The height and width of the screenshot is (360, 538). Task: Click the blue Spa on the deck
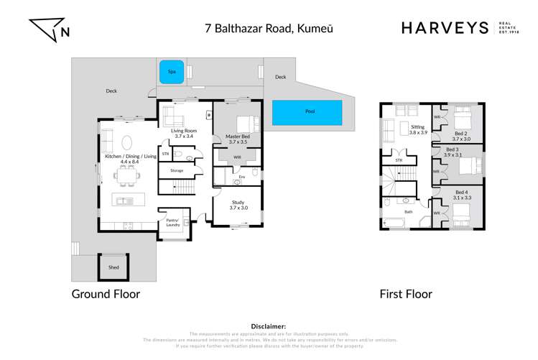coord(171,72)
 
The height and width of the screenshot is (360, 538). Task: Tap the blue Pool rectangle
coord(307,112)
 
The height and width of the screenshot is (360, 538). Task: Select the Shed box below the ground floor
coord(113,267)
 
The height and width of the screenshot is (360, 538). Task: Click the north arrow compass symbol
coord(48,29)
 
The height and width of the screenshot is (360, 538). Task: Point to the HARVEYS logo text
coord(443,28)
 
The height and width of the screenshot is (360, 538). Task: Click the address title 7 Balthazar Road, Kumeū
coord(269,28)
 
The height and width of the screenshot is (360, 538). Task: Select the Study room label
coord(238,204)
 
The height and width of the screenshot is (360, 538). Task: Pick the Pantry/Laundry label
coord(173,223)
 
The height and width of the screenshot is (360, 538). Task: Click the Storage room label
coord(176,170)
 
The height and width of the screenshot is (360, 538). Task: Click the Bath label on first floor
coord(409,212)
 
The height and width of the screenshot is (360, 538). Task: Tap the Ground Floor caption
coord(105,294)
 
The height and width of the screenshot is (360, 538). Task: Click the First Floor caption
coord(406,294)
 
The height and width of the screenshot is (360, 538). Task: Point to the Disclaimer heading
coord(269,326)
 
